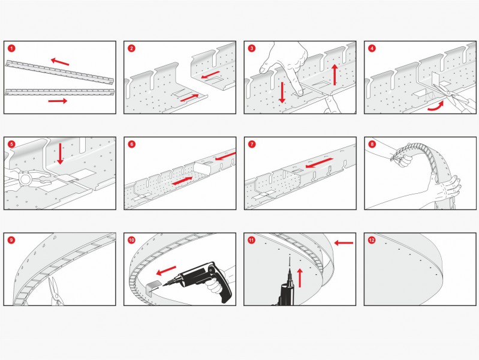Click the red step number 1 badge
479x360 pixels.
point(11,49)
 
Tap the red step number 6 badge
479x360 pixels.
point(131,145)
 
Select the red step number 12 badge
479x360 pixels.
point(372,240)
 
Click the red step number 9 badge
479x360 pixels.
point(11,240)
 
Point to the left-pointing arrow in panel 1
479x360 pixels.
point(60,61)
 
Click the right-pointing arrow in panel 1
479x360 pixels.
point(58,101)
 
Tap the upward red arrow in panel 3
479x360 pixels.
point(335,74)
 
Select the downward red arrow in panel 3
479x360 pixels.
point(282,92)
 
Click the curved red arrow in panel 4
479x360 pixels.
point(436,106)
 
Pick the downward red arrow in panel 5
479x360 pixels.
point(60,154)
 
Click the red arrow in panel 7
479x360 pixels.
point(319,163)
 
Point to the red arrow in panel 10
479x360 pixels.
point(166,271)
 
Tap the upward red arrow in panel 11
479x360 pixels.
point(300,278)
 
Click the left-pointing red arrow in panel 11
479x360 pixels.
point(344,243)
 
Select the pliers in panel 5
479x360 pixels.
point(28,178)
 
